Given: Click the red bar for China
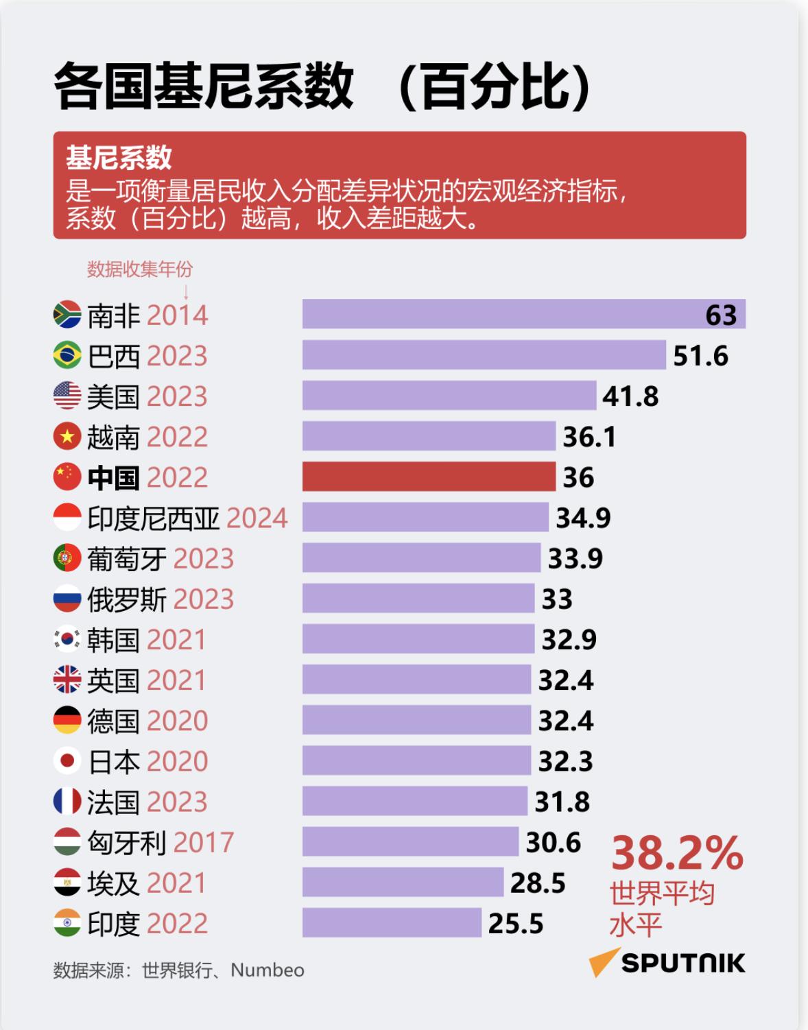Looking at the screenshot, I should coord(429,477).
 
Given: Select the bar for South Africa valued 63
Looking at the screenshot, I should coord(524,314).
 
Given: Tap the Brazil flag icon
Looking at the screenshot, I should coord(67,355).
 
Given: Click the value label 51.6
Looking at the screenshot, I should coord(700,356).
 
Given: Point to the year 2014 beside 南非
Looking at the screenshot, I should coord(177,315).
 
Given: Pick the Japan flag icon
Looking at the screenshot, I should coord(67,760).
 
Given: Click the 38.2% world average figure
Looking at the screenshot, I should coord(677,853).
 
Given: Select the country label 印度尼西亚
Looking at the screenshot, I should coord(154,518).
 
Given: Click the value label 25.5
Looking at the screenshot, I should coord(516,924).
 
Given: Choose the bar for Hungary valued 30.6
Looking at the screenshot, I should coord(410,841).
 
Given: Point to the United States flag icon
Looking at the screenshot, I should coord(67,396).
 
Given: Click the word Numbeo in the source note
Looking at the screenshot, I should coord(268,970).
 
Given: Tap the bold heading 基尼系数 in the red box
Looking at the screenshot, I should coord(119,158).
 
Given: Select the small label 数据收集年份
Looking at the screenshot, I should coord(140,270).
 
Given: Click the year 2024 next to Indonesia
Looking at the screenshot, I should coord(257,518).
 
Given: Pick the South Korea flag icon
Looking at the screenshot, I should coord(67,639).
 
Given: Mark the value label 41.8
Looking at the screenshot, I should coord(630,396).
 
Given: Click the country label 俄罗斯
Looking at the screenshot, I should coord(127,599).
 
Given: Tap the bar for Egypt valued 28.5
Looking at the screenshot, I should coord(403,882).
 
